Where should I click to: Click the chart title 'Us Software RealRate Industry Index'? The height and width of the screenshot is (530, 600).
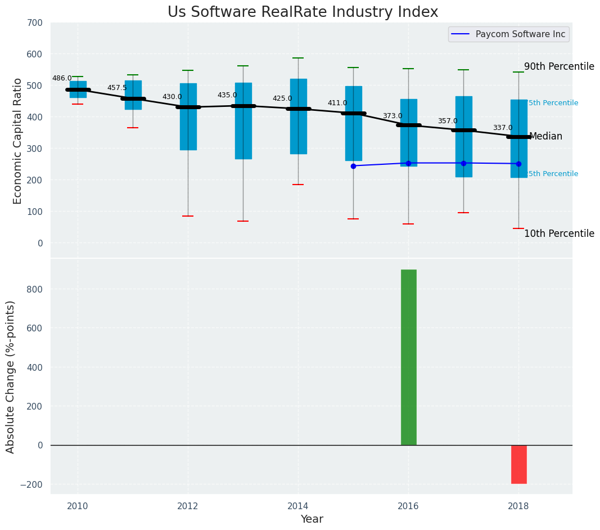point(303,12)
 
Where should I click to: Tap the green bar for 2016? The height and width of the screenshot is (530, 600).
point(408,357)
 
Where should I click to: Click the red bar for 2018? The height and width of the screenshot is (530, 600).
point(518,464)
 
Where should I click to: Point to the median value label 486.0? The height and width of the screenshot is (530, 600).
point(62,78)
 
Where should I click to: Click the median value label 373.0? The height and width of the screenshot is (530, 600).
point(393,116)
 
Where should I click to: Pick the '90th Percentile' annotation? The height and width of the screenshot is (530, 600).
point(559,66)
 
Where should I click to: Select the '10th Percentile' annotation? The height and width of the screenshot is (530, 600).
point(559,233)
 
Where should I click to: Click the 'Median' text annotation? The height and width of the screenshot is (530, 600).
point(545,136)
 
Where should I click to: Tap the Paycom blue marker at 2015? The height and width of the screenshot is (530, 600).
point(353,166)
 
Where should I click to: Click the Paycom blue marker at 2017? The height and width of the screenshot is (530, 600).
point(463,163)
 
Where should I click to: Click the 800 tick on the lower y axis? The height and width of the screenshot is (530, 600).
point(35,289)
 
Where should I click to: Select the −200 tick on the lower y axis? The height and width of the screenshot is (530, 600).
point(32,484)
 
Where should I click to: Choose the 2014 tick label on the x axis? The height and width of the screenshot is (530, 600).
point(298,506)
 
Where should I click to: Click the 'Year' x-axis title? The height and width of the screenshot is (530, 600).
point(312,519)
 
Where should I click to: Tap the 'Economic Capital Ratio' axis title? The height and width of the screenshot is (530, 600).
point(17,141)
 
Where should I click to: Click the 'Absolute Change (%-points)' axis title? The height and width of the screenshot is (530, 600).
point(11,376)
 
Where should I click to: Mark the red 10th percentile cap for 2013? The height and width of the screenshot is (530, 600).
point(243,221)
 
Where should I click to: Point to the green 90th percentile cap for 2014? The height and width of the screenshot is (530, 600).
point(298,58)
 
